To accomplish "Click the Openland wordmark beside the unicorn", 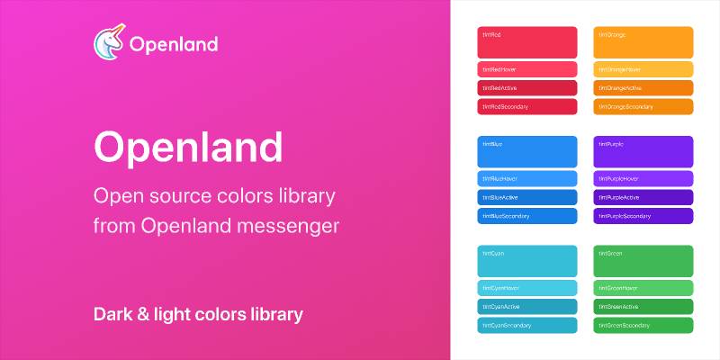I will (173, 45).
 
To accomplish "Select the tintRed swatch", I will (526, 42).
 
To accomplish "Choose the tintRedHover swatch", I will (526, 69).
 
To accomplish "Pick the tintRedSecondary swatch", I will (526, 106).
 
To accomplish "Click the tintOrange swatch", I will (643, 42).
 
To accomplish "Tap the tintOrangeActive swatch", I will (643, 88).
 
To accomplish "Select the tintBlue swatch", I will (526, 151).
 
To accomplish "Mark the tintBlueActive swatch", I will (526, 197).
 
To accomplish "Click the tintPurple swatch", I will (643, 151).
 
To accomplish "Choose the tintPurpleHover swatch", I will (643, 178).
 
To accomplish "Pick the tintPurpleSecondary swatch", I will (643, 216).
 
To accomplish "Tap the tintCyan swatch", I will (526, 261).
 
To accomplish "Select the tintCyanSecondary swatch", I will (526, 325).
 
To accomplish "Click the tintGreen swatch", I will (643, 261).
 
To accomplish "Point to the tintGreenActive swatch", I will (643, 307).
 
